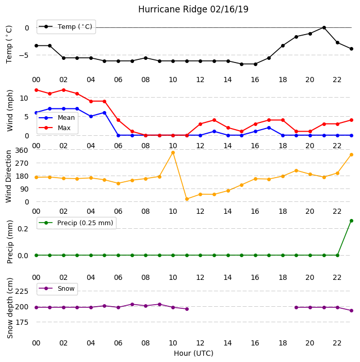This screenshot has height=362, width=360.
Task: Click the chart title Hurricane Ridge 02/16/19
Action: click(193, 9)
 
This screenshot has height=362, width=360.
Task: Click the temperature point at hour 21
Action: click(324, 28)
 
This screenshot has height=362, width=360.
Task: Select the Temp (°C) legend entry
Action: click(66, 27)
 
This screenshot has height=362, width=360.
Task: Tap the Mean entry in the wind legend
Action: click(57, 118)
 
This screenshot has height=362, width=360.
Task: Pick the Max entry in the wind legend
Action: click(55, 128)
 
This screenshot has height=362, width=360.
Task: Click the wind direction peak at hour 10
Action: click(173, 153)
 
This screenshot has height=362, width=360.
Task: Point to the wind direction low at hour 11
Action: click(187, 199)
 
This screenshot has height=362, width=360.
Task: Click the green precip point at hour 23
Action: click(351, 221)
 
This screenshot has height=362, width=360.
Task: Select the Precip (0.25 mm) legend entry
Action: click(76, 223)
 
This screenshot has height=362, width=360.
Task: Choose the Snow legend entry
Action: click(57, 289)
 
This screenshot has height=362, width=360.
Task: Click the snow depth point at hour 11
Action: click(187, 309)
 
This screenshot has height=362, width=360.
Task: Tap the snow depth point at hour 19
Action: click(297, 307)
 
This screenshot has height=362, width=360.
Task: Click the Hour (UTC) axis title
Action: click(193, 353)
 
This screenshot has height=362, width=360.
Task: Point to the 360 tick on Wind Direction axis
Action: click(22, 150)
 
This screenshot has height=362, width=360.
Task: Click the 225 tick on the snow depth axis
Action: click(22, 291)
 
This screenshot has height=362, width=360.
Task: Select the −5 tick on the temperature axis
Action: click(24, 55)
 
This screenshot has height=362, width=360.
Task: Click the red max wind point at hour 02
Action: click(63, 90)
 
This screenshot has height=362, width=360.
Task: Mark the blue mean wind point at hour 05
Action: click(105, 113)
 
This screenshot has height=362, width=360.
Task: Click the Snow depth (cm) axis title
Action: click(10, 308)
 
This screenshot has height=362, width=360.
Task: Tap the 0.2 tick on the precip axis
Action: click(23, 229)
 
